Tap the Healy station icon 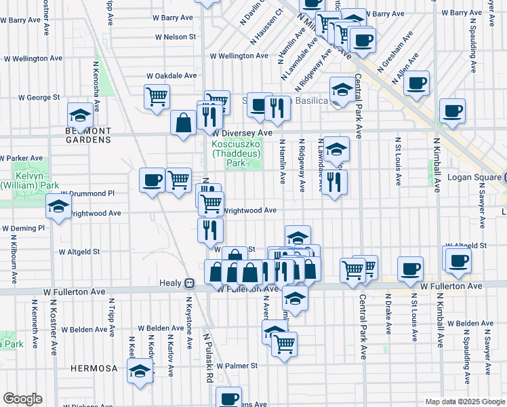pyautogui.click(x=190, y=284)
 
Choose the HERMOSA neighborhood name pyautogui.click(x=94, y=368)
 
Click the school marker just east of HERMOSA pyautogui.click(x=140, y=371)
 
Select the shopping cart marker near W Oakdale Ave pyautogui.click(x=157, y=96)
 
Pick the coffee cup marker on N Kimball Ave pyautogui.click(x=452, y=110)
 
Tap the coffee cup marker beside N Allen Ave pyautogui.click(x=417, y=83)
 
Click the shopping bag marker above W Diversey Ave pyautogui.click(x=183, y=123)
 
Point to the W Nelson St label pyautogui.click(x=175, y=37)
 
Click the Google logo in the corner pyautogui.click(x=22, y=399)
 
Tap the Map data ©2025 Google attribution pyautogui.click(x=464, y=402)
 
